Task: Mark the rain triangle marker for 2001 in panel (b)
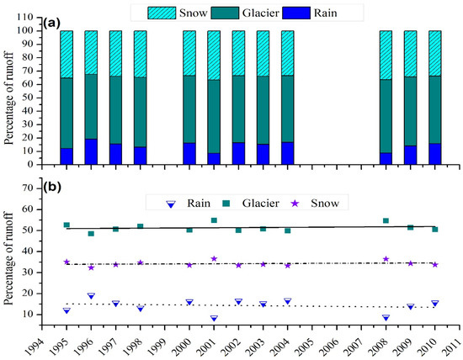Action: pyautogui.click(x=215, y=319)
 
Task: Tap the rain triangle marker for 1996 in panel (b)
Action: pyautogui.click(x=91, y=296)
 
